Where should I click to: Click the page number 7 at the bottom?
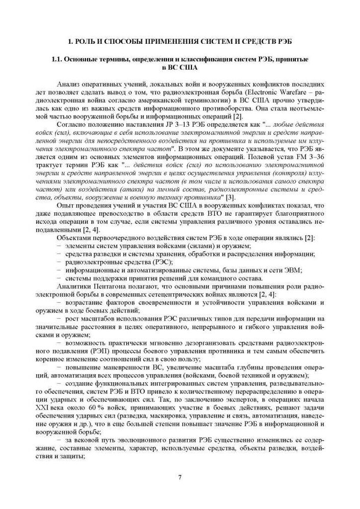point(180,477)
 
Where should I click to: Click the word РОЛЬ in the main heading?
point(86,40)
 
